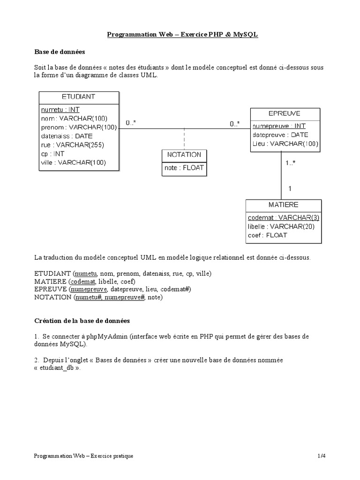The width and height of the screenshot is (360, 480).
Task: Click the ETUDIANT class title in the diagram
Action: pos(78,97)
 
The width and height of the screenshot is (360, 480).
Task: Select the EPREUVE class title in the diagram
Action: pos(285,113)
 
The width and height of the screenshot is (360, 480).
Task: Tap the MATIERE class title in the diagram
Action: pos(284,205)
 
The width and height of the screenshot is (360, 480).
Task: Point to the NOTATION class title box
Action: pos(184,154)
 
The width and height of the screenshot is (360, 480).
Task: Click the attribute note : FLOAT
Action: pos(184,167)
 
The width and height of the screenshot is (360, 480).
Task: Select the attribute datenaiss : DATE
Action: pos(67,136)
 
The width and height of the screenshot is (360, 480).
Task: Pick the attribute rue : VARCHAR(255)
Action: pos(72,145)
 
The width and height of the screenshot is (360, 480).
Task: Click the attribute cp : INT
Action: pos(52,154)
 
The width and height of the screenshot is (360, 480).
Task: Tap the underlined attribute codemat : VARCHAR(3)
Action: pos(284,218)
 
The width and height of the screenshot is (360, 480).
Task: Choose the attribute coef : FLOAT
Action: pos(267,235)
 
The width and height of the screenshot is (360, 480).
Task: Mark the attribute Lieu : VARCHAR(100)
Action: pos(285,143)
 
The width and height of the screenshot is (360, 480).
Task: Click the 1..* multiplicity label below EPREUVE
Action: pos(291,163)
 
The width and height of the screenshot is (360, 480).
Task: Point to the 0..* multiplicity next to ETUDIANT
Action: pos(131,123)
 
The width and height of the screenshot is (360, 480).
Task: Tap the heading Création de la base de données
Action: pos(82,321)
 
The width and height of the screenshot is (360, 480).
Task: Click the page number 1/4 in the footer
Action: pos(321,456)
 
